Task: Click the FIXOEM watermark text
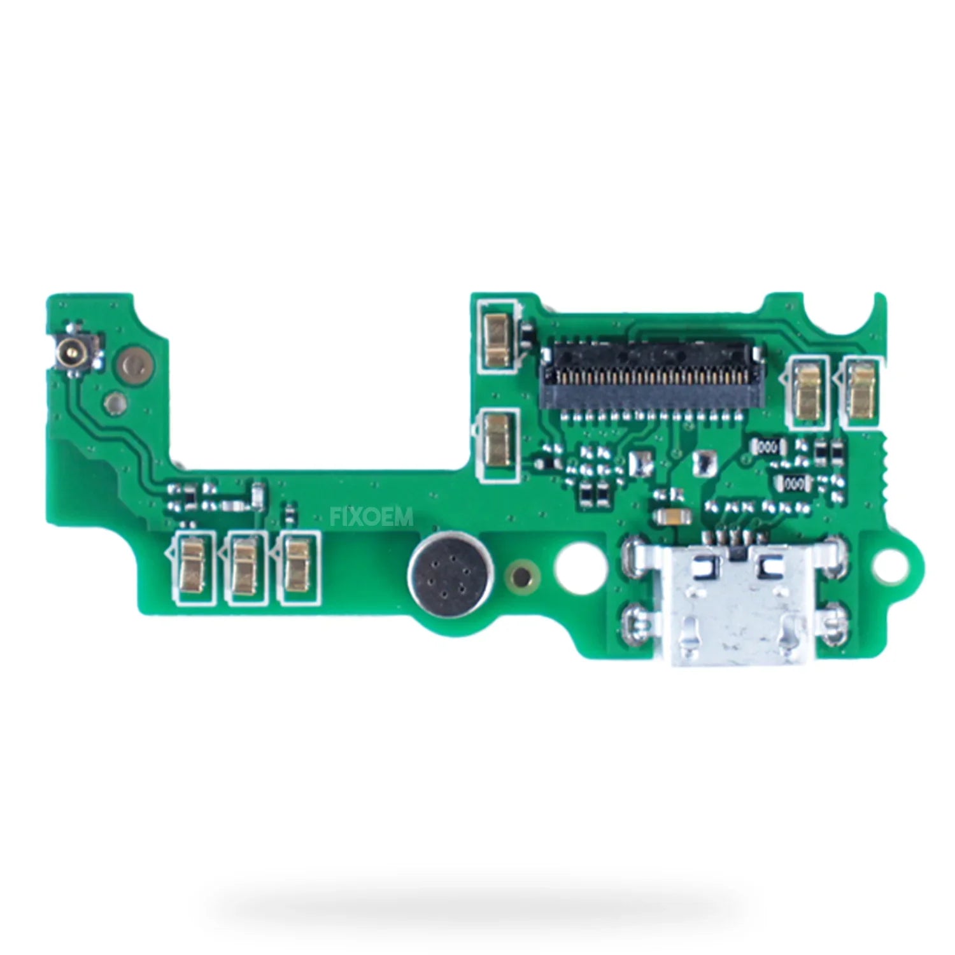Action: click(x=372, y=516)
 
